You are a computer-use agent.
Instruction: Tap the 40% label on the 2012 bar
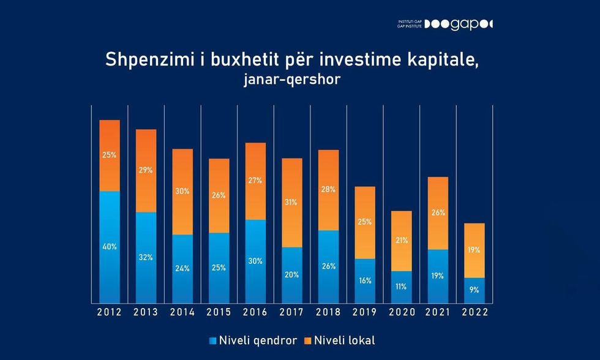(110, 247)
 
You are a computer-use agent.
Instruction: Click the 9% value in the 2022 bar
(474, 290)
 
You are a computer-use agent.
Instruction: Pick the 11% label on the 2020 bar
(402, 286)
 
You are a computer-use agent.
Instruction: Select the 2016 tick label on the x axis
(255, 312)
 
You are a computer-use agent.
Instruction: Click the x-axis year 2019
(365, 312)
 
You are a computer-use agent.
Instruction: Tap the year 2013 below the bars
(146, 312)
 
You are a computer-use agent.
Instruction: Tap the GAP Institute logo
(445, 24)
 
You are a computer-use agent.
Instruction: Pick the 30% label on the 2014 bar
(182, 191)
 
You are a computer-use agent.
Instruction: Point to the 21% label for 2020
(402, 241)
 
